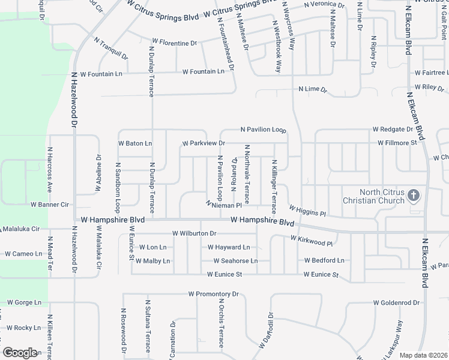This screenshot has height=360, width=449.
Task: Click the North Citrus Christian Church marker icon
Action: point(414,196)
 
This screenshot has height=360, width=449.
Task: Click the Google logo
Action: point(20,353)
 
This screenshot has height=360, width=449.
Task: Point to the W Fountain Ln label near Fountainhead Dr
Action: point(203,71)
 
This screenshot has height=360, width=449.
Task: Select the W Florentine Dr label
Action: point(174,43)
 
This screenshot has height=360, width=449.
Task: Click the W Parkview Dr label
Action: point(203,143)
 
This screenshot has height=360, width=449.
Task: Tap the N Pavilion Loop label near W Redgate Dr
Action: point(264,130)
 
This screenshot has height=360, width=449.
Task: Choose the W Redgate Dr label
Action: point(393,129)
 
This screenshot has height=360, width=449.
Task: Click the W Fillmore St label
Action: point(397,143)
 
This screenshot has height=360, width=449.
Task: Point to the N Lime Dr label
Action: point(313,89)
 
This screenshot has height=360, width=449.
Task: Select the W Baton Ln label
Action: point(135,143)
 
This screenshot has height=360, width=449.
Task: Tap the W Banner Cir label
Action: point(50,205)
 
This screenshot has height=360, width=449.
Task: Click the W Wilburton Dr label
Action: point(194,233)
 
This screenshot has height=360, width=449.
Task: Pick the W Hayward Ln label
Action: point(229,247)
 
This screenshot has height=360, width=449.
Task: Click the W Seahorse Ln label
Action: point(236,261)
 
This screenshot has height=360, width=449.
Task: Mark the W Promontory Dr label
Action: point(213,295)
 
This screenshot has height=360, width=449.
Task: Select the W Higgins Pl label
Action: point(307,211)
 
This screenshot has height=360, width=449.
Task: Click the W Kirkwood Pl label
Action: point(311,241)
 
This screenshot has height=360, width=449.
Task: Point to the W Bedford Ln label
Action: point(324,260)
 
